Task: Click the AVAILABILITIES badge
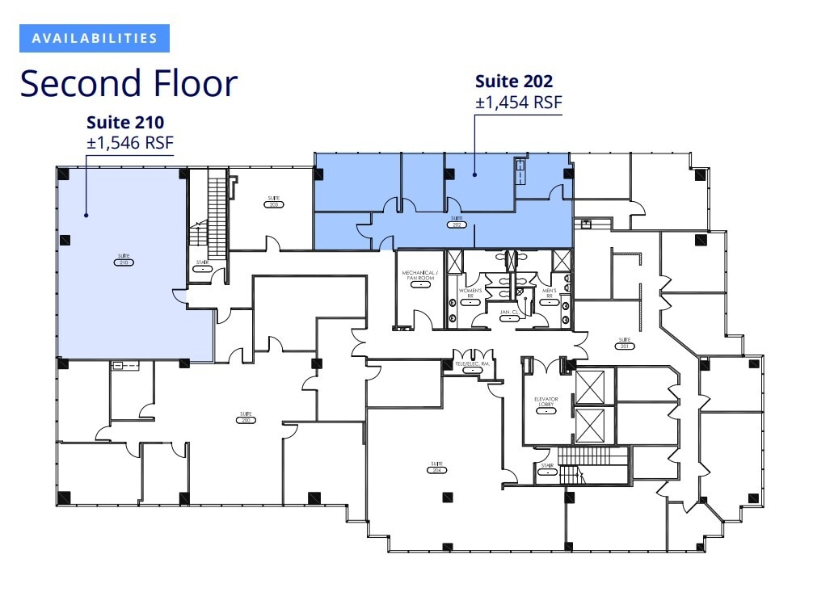tap(95, 38)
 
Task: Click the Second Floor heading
tap(128, 83)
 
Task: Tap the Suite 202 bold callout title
tap(514, 82)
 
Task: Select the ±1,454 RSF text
tap(518, 103)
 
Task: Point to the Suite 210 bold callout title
tap(125, 123)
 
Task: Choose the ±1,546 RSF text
tap(129, 143)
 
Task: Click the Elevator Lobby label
tap(546, 404)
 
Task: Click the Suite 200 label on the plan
tap(246, 418)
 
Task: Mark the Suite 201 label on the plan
tap(624, 343)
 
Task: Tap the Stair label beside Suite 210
tap(202, 266)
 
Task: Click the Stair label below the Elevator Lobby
tap(549, 469)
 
